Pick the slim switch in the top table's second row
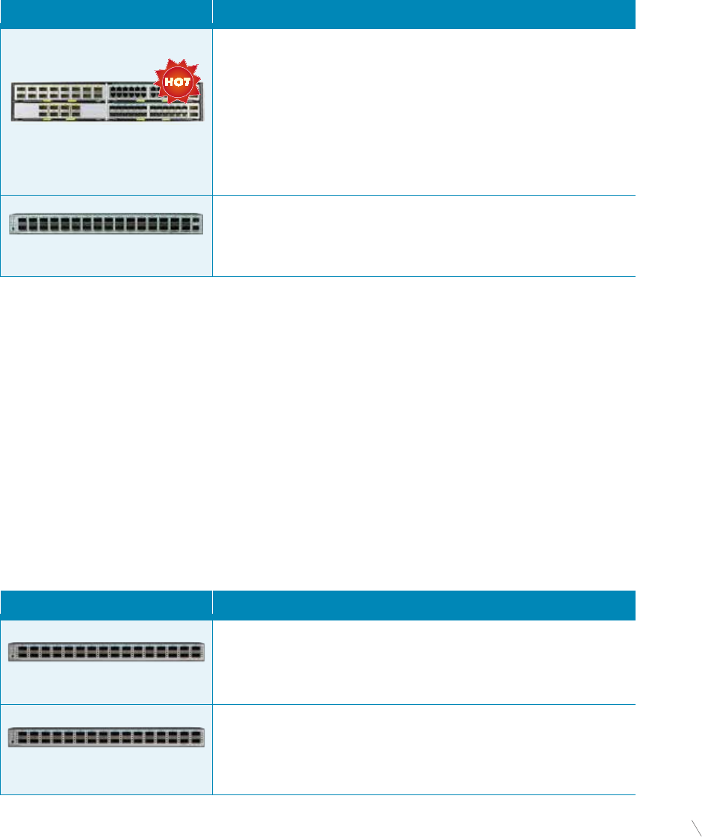106,223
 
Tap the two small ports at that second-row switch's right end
196,223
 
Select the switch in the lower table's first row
106,652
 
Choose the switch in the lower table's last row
106,737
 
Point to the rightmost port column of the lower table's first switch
196,652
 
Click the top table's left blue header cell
106,14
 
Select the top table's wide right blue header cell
423,14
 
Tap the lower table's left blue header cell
106,605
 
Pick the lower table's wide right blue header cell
423,605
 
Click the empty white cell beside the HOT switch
423,112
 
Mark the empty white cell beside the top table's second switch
423,236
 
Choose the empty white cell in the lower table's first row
423,662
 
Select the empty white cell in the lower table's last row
423,749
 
